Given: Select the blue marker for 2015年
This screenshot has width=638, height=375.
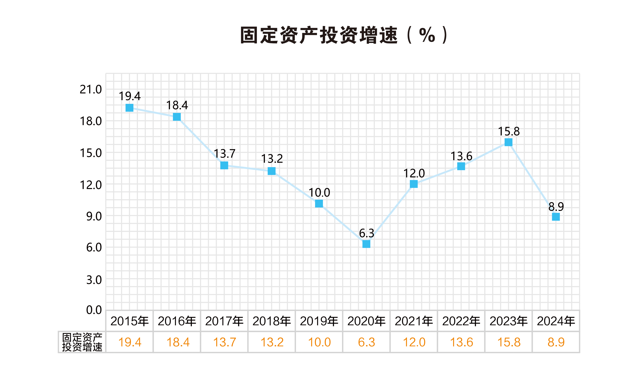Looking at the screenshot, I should pos(129,108).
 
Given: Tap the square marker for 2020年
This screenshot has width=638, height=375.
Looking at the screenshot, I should pos(366,244).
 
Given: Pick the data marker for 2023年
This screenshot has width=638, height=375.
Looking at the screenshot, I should pos(508,142).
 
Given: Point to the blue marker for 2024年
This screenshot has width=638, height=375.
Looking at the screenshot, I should pos(556,217).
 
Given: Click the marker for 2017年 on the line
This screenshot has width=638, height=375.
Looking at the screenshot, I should pos(224,165).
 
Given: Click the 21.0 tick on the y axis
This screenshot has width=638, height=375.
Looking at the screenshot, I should pos(91,90).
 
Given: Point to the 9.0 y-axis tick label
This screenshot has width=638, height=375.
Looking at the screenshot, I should pos(94,217).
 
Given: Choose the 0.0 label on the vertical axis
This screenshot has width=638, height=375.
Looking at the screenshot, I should pos(94,310).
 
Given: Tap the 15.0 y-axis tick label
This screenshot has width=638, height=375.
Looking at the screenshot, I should pos(91,153).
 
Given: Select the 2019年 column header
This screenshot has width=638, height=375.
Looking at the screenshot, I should pos(319,321).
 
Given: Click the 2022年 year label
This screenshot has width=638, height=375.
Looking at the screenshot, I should pos(461,321).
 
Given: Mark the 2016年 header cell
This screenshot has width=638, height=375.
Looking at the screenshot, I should pos(177,321).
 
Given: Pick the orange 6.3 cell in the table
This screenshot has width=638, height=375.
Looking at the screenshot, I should pos(366,342).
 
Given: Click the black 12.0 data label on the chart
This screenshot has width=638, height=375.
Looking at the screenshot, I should pos(414,174).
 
